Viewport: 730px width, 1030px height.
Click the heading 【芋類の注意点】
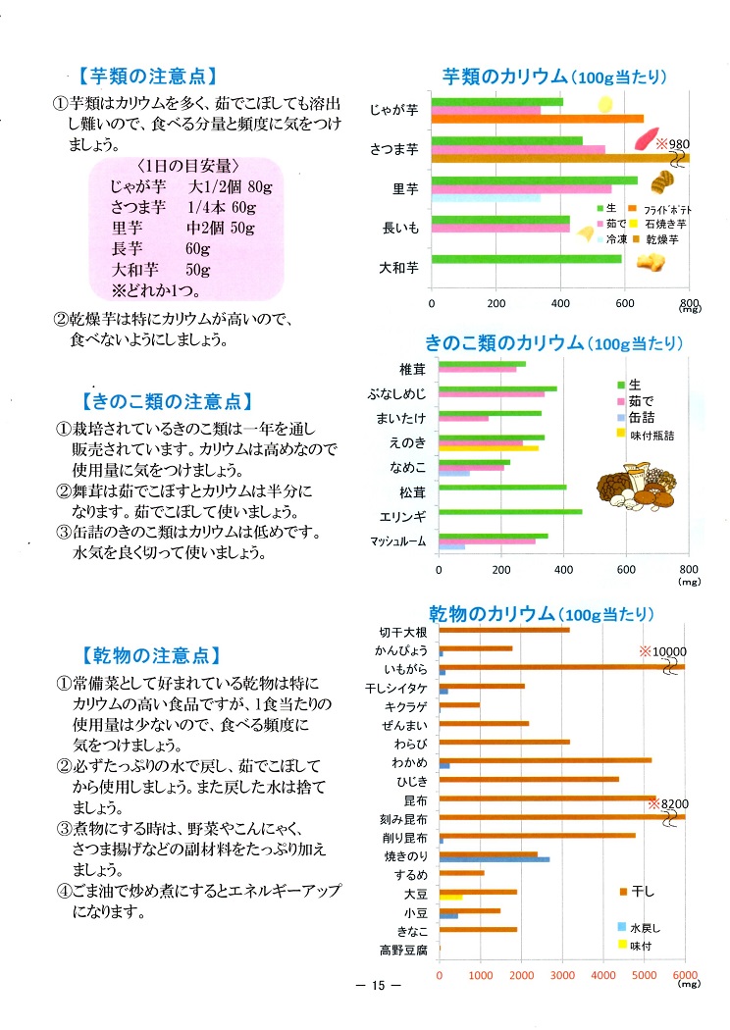(x=145, y=76)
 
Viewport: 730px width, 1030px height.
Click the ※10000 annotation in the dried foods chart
(x=663, y=650)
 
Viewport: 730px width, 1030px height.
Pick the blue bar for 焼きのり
(x=495, y=859)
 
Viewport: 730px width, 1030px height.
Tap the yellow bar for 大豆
(x=450, y=896)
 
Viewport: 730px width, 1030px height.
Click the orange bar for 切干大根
(x=504, y=630)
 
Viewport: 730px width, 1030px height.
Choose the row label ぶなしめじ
(x=397, y=394)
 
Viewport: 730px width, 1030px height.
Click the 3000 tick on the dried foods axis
(x=562, y=975)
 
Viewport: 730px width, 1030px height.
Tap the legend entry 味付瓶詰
(x=652, y=433)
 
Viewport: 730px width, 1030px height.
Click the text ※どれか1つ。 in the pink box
(x=155, y=290)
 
